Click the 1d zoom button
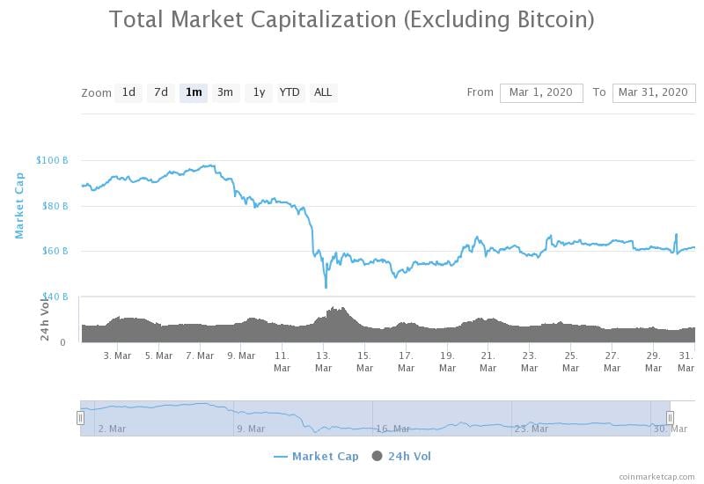pos(128,92)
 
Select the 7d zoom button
pos(161,92)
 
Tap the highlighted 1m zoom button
pos(194,92)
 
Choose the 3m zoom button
pos(225,92)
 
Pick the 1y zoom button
pos(259,92)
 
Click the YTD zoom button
pos(290,92)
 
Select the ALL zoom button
pos(323,92)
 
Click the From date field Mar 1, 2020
pos(541,92)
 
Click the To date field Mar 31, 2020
pos(653,92)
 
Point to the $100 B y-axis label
pos(52,160)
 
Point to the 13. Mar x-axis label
pos(323,362)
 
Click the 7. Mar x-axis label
pos(200,356)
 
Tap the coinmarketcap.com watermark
pos(656,476)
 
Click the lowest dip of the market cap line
pos(326,287)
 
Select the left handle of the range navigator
pos(80,418)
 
